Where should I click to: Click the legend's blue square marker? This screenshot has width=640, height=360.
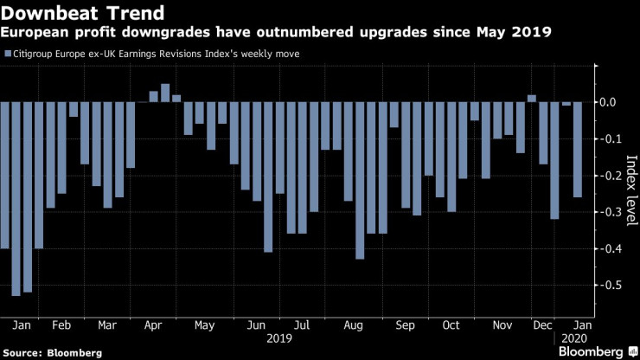pos(7,54)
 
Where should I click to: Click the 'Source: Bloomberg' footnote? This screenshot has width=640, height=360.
pos(52,352)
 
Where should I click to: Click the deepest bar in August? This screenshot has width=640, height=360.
pos(360,180)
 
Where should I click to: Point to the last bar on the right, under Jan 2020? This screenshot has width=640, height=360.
pos(578,149)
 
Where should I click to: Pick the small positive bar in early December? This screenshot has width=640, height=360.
pos(532,99)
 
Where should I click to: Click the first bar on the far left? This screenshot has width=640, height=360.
pos(5,175)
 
